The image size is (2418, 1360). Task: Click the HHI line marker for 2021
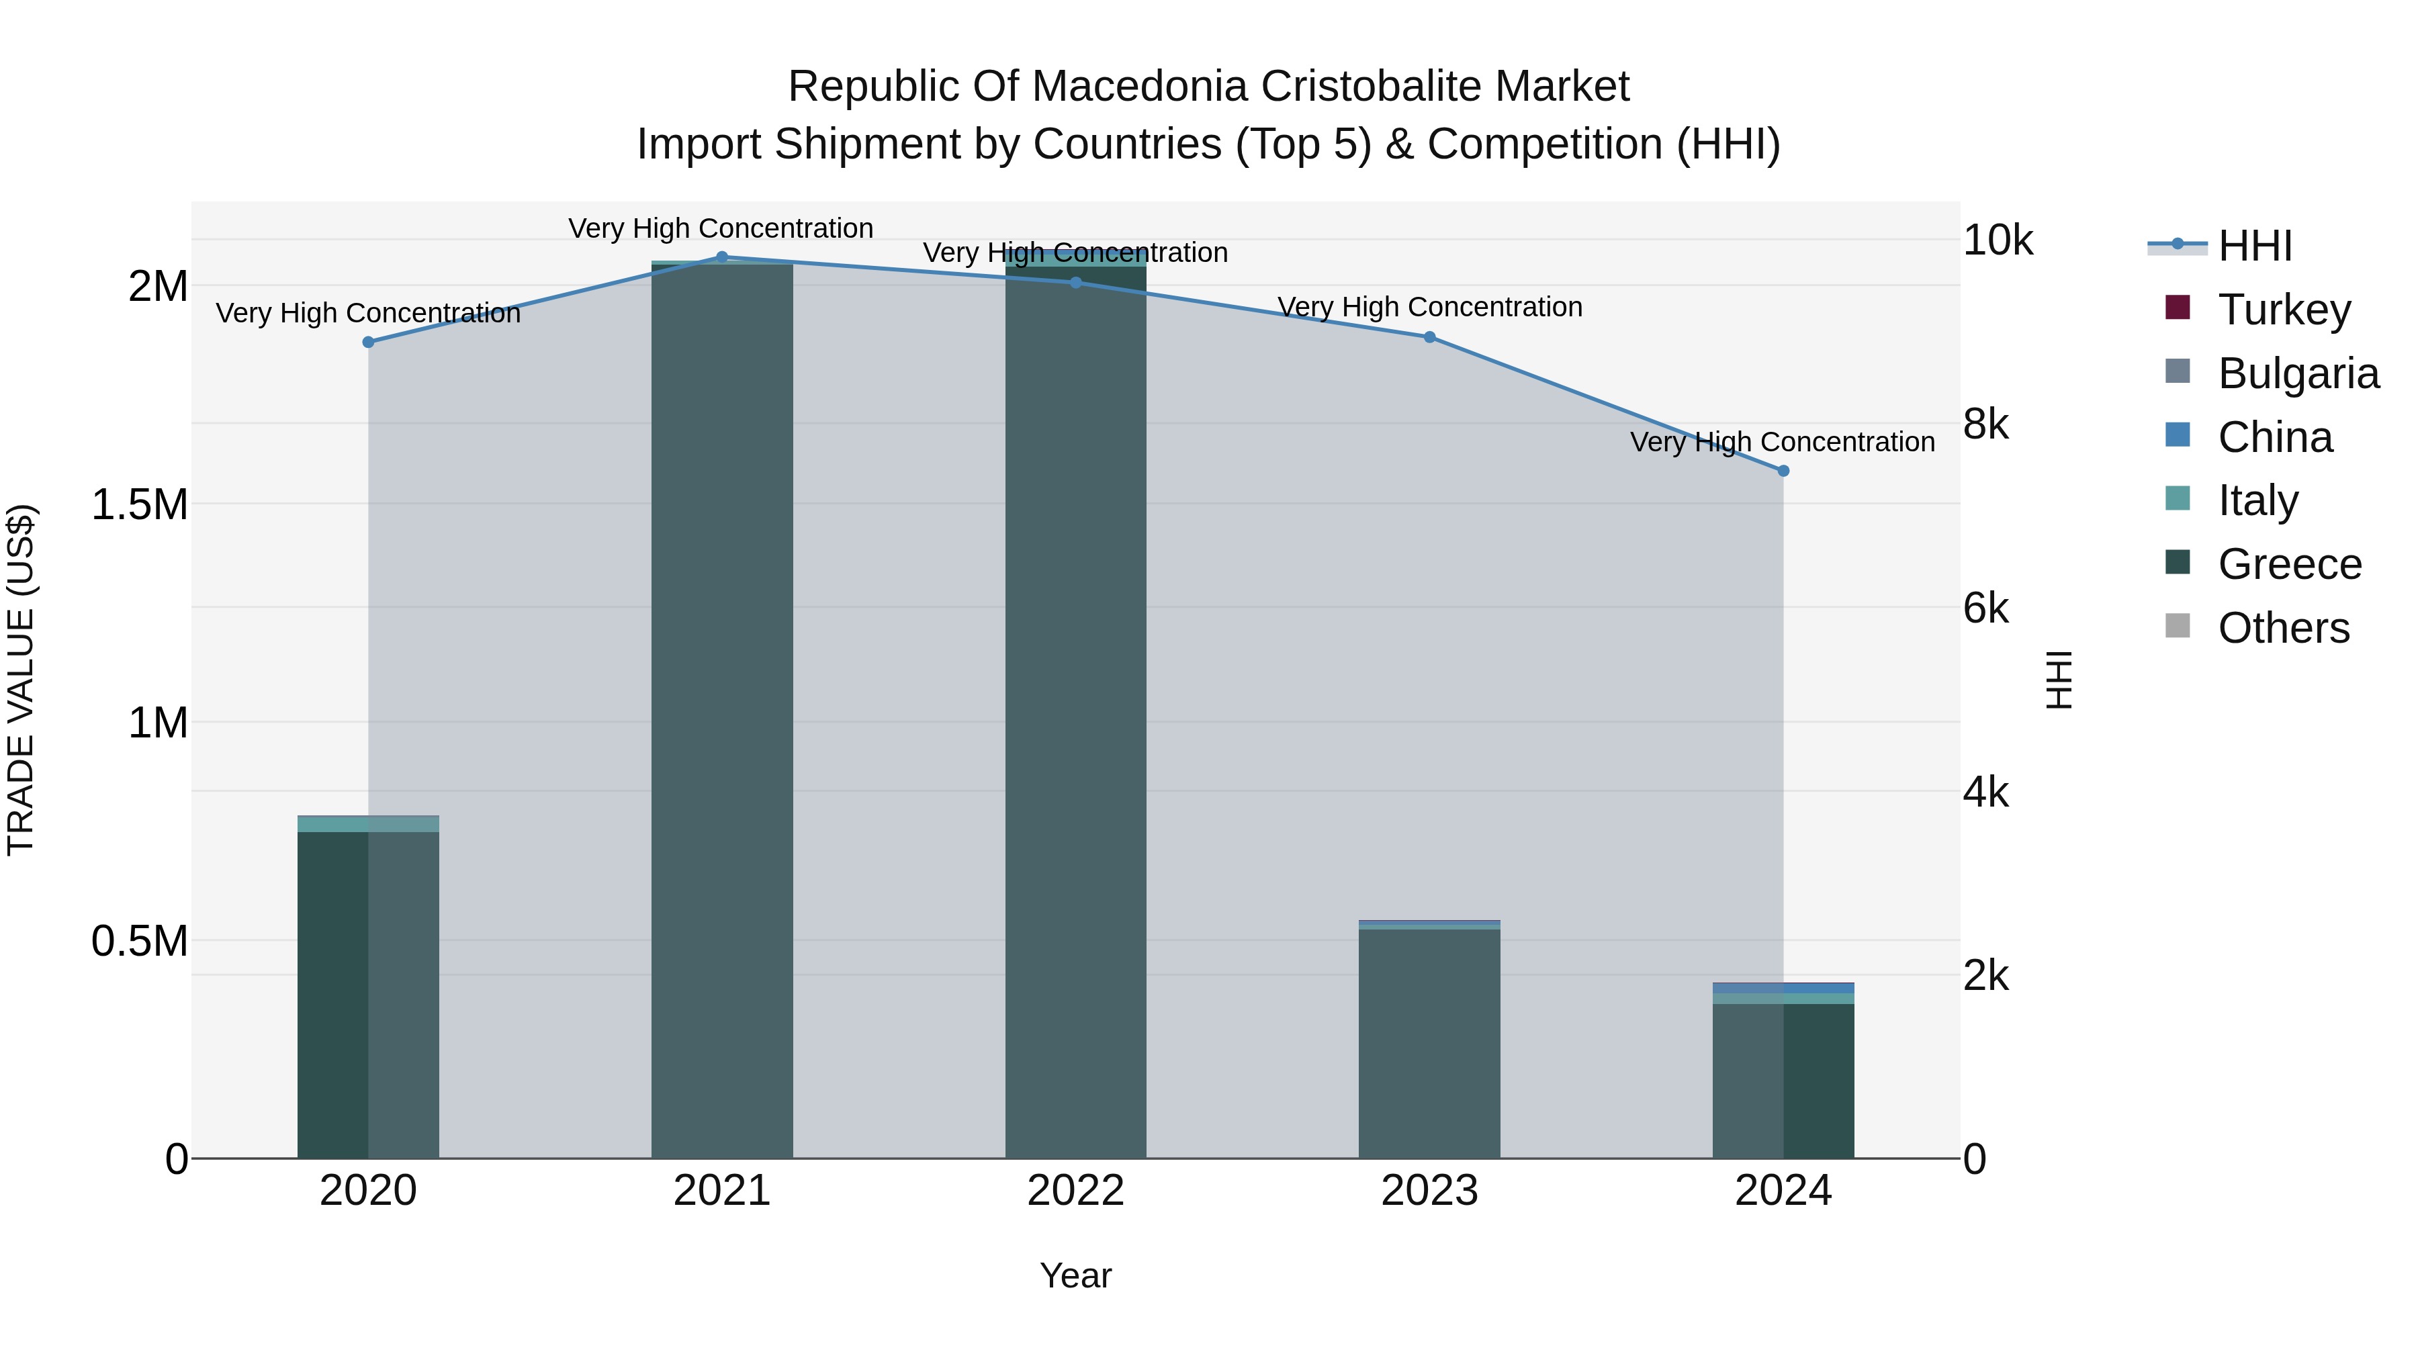point(722,257)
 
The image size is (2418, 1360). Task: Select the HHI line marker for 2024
point(1783,471)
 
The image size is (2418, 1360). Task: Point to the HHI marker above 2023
point(1429,337)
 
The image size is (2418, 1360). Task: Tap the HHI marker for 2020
point(369,343)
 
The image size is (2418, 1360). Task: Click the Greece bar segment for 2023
point(1429,1042)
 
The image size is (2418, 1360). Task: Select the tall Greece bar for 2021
point(722,713)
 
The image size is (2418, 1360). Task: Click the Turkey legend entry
point(2283,310)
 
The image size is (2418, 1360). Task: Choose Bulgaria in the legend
point(2297,373)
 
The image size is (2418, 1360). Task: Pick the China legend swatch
point(2178,435)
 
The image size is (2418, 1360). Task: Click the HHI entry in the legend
point(2255,246)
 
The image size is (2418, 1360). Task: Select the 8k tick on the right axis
point(1986,425)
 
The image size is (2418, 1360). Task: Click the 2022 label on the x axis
point(1076,1191)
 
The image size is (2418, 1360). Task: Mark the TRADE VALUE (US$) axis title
point(21,680)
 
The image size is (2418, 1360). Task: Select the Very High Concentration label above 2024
point(1783,442)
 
